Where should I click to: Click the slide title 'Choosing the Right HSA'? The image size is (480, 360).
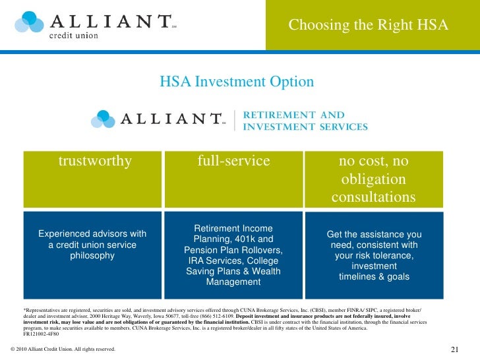pyautogui.click(x=368, y=25)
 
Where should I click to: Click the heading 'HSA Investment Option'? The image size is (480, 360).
pyautogui.click(x=237, y=82)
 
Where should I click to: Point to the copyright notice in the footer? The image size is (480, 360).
pyautogui.click(x=63, y=349)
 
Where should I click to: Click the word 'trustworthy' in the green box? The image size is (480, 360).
pyautogui.click(x=95, y=161)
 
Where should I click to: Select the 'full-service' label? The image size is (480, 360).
pyautogui.click(x=233, y=161)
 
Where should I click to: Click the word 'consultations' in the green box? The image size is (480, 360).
pyautogui.click(x=373, y=198)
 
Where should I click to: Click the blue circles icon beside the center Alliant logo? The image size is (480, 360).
pyautogui.click(x=105, y=118)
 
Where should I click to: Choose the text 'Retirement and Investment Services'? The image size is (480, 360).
pyautogui.click(x=305, y=121)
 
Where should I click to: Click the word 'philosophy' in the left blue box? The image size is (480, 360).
pyautogui.click(x=92, y=256)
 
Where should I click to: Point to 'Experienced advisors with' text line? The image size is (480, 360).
pyautogui.click(x=92, y=234)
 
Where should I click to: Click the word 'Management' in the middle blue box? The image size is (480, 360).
pyautogui.click(x=233, y=282)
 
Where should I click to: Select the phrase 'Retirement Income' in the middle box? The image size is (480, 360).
pyautogui.click(x=233, y=227)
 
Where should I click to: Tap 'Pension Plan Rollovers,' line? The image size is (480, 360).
pyautogui.click(x=233, y=250)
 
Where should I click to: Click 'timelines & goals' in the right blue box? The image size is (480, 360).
pyautogui.click(x=374, y=277)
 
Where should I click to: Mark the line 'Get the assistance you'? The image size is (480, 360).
pyautogui.click(x=374, y=235)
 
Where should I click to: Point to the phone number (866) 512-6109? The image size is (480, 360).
pyautogui.click(x=230, y=315)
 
